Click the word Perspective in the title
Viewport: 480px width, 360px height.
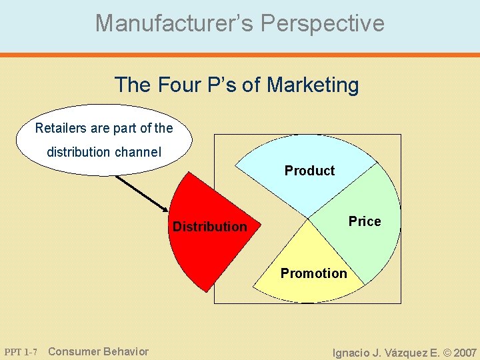pos(323,23)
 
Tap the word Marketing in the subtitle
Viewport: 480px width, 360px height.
pos(313,85)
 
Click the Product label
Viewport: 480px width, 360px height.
pos(309,171)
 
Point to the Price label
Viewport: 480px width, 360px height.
pos(365,221)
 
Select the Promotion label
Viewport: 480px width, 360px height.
pos(313,273)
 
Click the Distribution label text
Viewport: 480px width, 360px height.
pos(209,227)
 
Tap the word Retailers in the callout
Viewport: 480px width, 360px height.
pos(61,127)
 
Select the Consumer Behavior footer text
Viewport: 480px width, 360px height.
pos(99,351)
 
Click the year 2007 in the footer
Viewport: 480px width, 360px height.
pos(465,352)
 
